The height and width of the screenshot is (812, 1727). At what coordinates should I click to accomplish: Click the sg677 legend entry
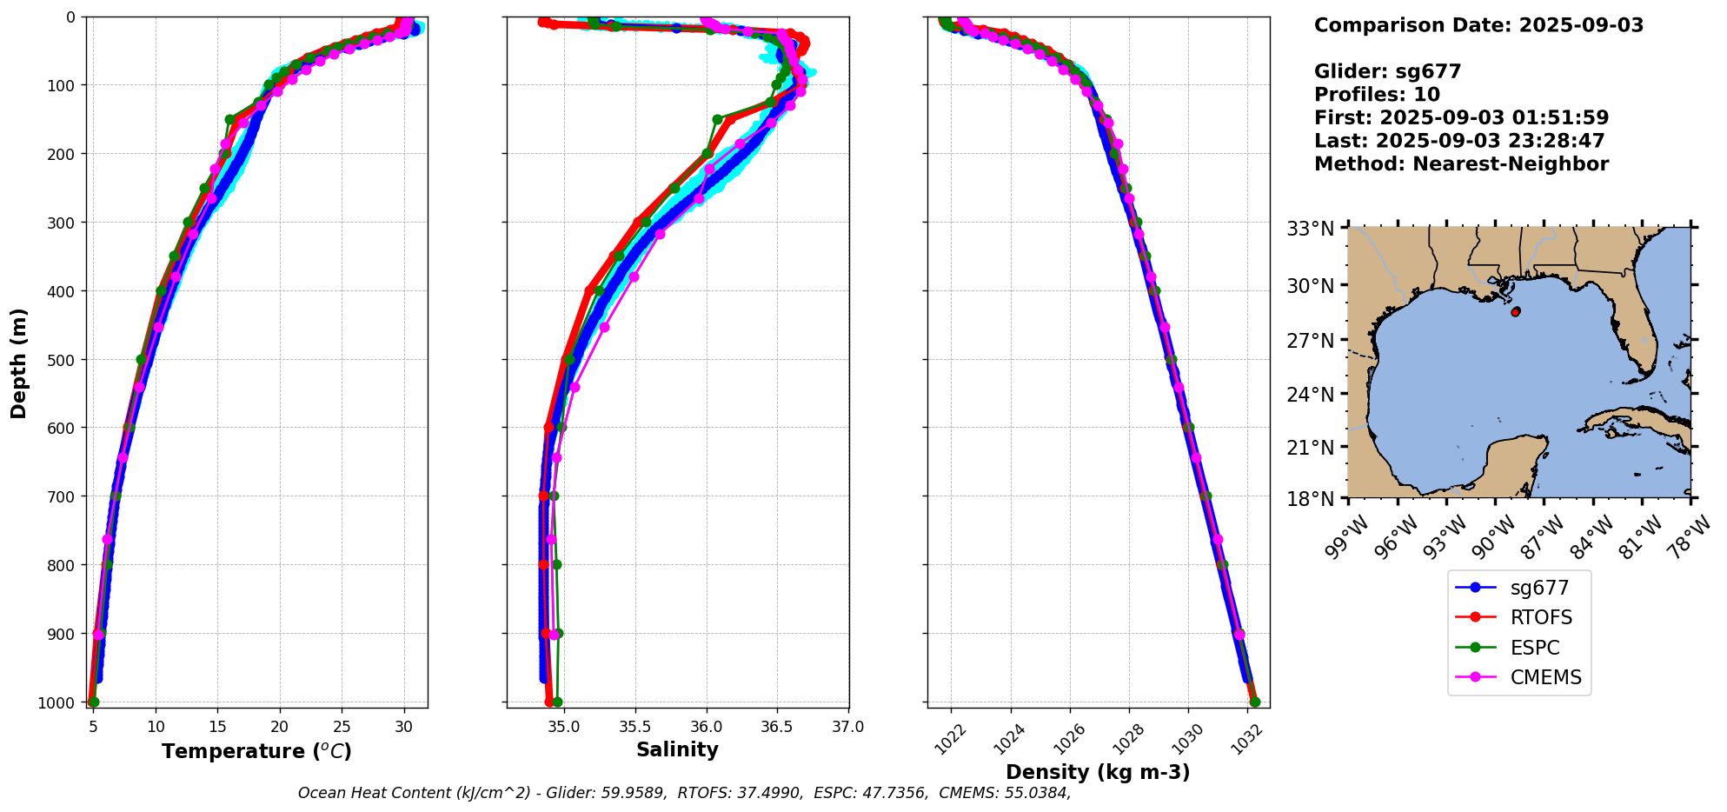1538,588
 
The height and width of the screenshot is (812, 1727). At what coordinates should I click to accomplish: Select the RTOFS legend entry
1540,618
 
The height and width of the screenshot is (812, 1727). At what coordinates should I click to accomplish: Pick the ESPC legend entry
1534,648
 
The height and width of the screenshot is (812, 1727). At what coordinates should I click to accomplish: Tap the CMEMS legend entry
1545,678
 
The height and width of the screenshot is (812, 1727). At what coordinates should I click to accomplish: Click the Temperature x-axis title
256,751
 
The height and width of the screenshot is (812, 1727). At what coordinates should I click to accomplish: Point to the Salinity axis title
677,750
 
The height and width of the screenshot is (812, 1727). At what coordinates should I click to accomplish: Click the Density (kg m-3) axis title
1098,772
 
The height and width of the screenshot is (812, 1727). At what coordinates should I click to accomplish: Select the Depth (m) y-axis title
19,363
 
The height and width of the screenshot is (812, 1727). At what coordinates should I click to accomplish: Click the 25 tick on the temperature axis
342,727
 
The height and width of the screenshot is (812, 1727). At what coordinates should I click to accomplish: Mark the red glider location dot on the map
1516,311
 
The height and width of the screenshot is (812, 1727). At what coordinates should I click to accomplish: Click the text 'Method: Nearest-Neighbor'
1461,164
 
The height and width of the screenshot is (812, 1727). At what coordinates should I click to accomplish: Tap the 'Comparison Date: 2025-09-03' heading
1478,25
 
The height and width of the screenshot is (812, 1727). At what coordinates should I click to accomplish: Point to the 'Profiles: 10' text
1377,95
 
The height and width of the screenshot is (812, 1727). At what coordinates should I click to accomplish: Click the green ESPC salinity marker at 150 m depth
717,119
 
